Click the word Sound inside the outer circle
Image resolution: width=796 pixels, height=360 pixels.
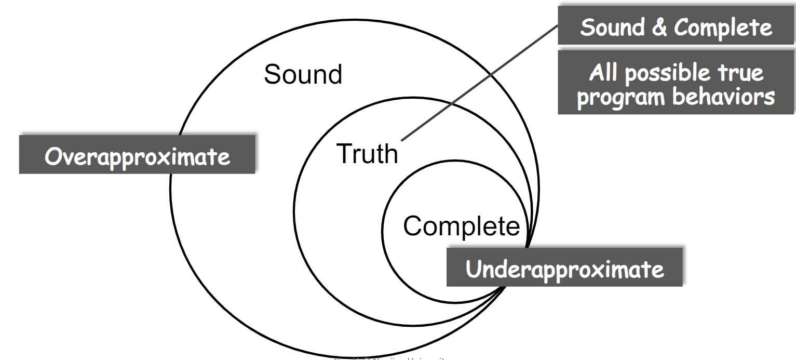click(303, 76)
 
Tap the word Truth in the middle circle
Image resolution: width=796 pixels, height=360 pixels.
click(366, 154)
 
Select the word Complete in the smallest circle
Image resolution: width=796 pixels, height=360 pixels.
click(461, 226)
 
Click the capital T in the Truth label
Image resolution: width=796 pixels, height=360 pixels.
click(341, 154)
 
